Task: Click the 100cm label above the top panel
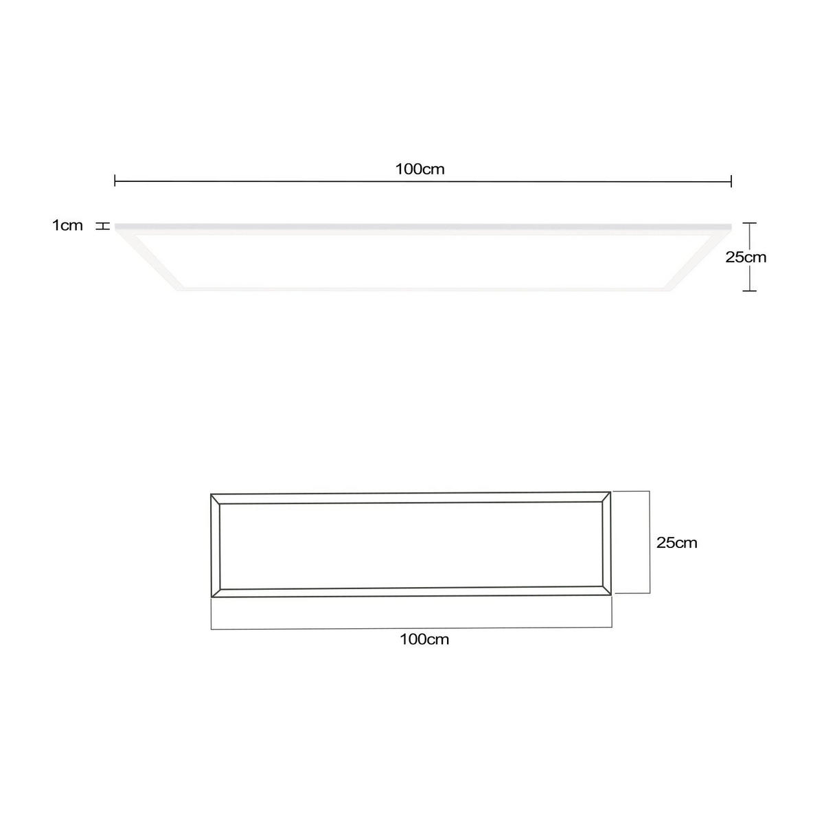click(x=420, y=169)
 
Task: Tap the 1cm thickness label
click(x=67, y=225)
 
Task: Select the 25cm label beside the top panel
click(x=746, y=257)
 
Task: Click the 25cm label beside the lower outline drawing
click(x=676, y=542)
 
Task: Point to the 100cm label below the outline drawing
click(x=424, y=639)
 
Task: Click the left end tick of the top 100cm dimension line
click(x=115, y=181)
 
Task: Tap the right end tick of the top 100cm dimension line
click(x=731, y=181)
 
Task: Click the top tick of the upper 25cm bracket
click(x=749, y=223)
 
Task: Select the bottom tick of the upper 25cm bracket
click(x=749, y=291)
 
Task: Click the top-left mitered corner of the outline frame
click(x=216, y=499)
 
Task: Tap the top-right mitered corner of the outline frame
click(x=606, y=496)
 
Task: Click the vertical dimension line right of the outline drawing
click(x=649, y=542)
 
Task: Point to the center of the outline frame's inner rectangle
click(x=411, y=545)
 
